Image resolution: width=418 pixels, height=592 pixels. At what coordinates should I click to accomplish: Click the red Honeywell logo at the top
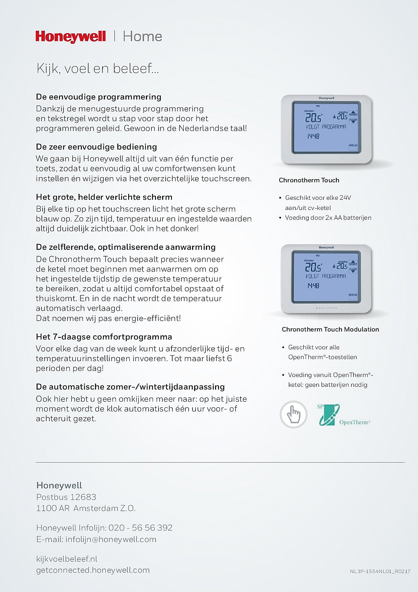point(71,37)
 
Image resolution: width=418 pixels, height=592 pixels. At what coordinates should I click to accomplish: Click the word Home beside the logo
point(142,37)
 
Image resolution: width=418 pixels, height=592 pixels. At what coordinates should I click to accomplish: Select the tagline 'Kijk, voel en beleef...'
point(97,68)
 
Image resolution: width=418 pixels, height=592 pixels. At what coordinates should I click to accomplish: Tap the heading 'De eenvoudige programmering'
point(99,97)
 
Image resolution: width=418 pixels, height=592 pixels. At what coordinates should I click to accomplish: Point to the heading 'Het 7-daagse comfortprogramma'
point(104,337)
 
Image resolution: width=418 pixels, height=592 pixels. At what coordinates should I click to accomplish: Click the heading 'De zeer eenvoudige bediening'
point(96,147)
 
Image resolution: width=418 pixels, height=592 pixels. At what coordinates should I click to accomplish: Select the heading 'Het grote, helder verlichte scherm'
point(104,197)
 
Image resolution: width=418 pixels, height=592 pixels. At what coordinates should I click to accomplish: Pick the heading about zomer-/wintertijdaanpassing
point(130,387)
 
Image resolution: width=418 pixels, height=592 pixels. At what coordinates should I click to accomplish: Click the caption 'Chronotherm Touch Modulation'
point(330,329)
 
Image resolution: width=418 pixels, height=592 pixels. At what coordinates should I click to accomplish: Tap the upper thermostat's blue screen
point(325,127)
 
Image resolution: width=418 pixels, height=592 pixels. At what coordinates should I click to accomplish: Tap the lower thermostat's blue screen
point(325,276)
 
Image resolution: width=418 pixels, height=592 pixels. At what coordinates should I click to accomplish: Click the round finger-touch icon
point(293,414)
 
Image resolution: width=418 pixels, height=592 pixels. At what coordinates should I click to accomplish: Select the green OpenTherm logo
point(329,415)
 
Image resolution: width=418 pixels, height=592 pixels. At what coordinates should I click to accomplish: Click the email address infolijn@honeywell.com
point(111,539)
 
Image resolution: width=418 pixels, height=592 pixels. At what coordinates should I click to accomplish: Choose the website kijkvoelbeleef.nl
point(67,559)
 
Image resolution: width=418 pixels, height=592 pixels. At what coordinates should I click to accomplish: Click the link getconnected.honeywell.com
point(93,570)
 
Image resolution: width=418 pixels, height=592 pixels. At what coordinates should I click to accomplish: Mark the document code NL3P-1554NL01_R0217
point(380,571)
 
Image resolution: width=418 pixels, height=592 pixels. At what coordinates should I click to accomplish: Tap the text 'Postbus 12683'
point(66,497)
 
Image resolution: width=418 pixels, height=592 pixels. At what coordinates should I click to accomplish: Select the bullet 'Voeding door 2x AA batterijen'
point(328,217)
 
